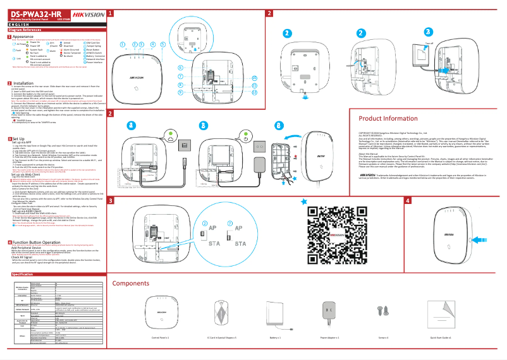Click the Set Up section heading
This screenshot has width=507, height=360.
(x=18, y=138)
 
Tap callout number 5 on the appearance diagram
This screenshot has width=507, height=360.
(x=162, y=44)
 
